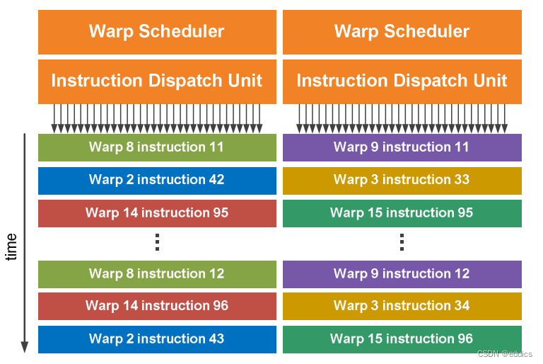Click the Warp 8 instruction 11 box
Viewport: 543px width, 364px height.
pyautogui.click(x=157, y=147)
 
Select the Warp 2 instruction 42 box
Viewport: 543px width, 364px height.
pyautogui.click(x=157, y=181)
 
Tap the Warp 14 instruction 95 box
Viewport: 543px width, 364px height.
pyautogui.click(x=157, y=213)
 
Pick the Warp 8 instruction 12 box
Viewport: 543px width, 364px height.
pyautogui.click(x=157, y=274)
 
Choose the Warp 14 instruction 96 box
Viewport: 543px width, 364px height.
pyautogui.click(x=157, y=306)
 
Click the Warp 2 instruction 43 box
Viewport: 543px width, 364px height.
pyautogui.click(x=157, y=339)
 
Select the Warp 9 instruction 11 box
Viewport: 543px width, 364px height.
pyautogui.click(x=402, y=147)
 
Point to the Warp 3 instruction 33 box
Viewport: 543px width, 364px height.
pyautogui.click(x=402, y=181)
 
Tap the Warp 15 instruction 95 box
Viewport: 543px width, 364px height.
pyautogui.click(x=402, y=213)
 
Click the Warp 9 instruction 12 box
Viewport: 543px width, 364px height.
pyautogui.click(x=402, y=274)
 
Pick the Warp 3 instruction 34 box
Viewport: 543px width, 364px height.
pyautogui.click(x=402, y=306)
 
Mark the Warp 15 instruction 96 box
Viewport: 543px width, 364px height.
pyautogui.click(x=402, y=339)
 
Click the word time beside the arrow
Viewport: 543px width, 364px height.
pyautogui.click(x=11, y=246)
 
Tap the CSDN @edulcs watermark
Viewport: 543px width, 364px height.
pyautogui.click(x=505, y=353)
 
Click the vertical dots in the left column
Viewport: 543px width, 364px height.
pyautogui.click(x=157, y=242)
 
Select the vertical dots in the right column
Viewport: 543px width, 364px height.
pyautogui.click(x=402, y=242)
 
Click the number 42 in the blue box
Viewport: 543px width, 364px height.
pyautogui.click(x=216, y=180)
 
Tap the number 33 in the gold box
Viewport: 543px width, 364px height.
pyautogui.click(x=462, y=180)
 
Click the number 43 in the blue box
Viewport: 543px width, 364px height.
pyautogui.click(x=216, y=339)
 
